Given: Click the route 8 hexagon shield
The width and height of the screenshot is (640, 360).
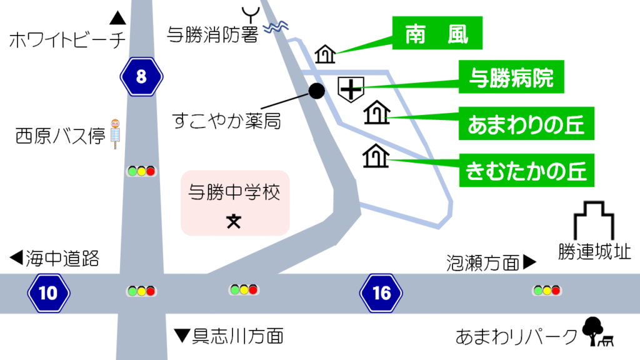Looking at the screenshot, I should (x=141, y=76).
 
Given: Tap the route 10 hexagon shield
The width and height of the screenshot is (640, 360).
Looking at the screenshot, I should (x=49, y=292).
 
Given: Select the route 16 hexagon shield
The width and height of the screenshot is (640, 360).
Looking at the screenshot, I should (x=381, y=292).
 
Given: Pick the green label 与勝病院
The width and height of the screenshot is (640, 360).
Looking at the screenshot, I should (x=511, y=78).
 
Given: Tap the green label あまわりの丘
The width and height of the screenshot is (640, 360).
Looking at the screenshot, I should (x=526, y=124).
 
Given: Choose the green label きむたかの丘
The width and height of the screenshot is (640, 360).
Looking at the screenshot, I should (x=527, y=170).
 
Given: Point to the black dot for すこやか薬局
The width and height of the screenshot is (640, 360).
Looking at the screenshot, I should (x=317, y=91).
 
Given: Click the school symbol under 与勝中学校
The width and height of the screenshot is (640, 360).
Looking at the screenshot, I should (x=233, y=221).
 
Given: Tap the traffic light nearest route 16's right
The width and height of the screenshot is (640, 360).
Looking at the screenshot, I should (x=546, y=290).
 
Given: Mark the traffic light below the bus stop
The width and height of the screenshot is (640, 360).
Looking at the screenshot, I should (x=141, y=171).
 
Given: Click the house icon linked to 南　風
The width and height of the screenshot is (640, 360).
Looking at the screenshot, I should (x=325, y=55).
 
